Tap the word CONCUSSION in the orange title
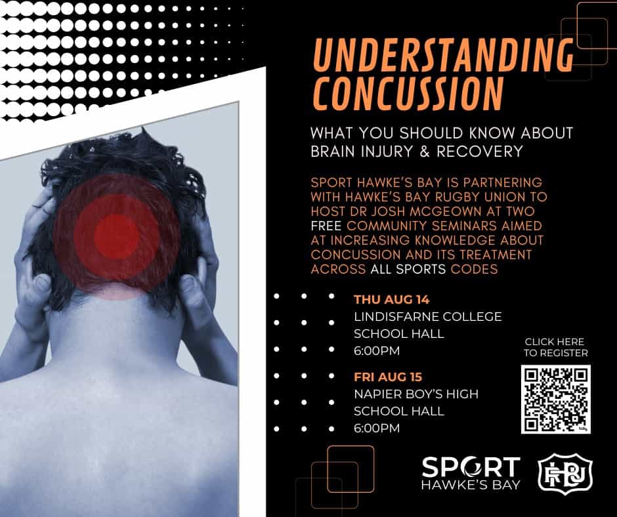coord(408,93)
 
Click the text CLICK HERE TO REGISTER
coord(555,348)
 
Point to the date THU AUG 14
coord(391,300)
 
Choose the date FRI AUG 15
coord(387,377)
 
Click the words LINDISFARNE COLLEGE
coord(428,317)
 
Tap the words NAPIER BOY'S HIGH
coord(416,394)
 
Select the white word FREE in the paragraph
coord(326,226)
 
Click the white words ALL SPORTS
coord(408,269)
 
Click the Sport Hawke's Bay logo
coord(471,473)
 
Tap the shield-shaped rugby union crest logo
coord(565,472)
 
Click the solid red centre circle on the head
coord(116,236)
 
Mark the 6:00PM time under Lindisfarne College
coord(377,350)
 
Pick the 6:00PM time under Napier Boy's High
coord(377,428)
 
